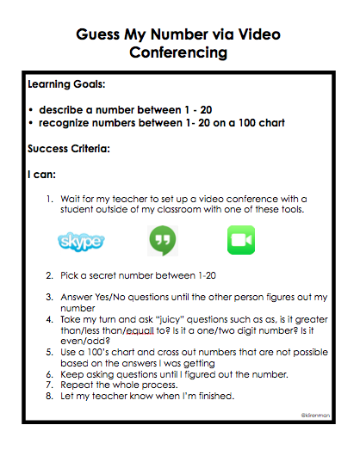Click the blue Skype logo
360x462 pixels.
[81, 241]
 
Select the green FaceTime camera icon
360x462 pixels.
[241, 240]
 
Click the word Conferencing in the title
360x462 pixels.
[178, 53]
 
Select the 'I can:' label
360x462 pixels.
[42, 175]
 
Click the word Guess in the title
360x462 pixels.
[100, 34]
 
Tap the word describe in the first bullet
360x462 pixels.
[65, 110]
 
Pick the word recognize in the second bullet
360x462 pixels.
[70, 123]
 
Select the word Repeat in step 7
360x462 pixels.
[75, 385]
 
